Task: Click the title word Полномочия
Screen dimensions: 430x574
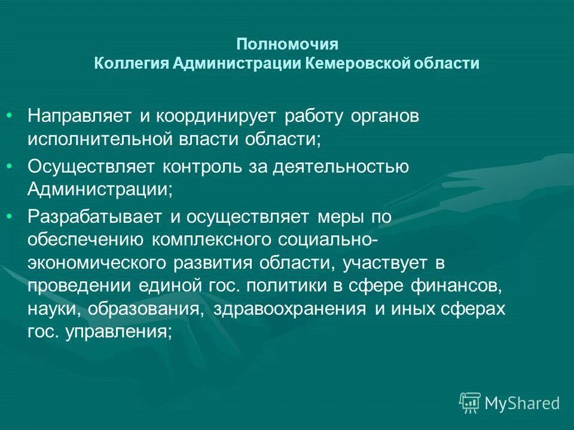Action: tap(287, 45)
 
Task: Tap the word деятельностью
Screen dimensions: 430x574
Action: tap(341, 167)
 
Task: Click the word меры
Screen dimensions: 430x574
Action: tap(339, 217)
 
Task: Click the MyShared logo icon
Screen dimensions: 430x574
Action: tap(470, 403)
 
